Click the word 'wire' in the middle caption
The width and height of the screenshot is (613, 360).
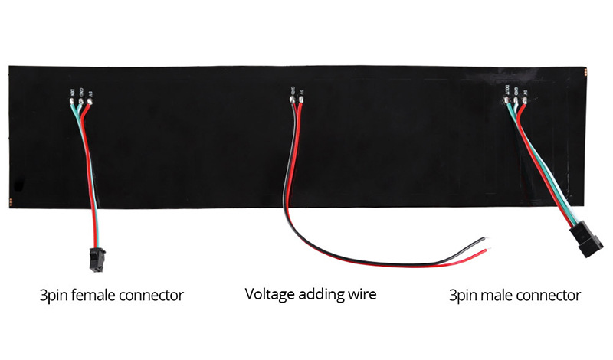click(362, 294)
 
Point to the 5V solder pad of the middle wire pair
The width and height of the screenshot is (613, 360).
click(302, 100)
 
